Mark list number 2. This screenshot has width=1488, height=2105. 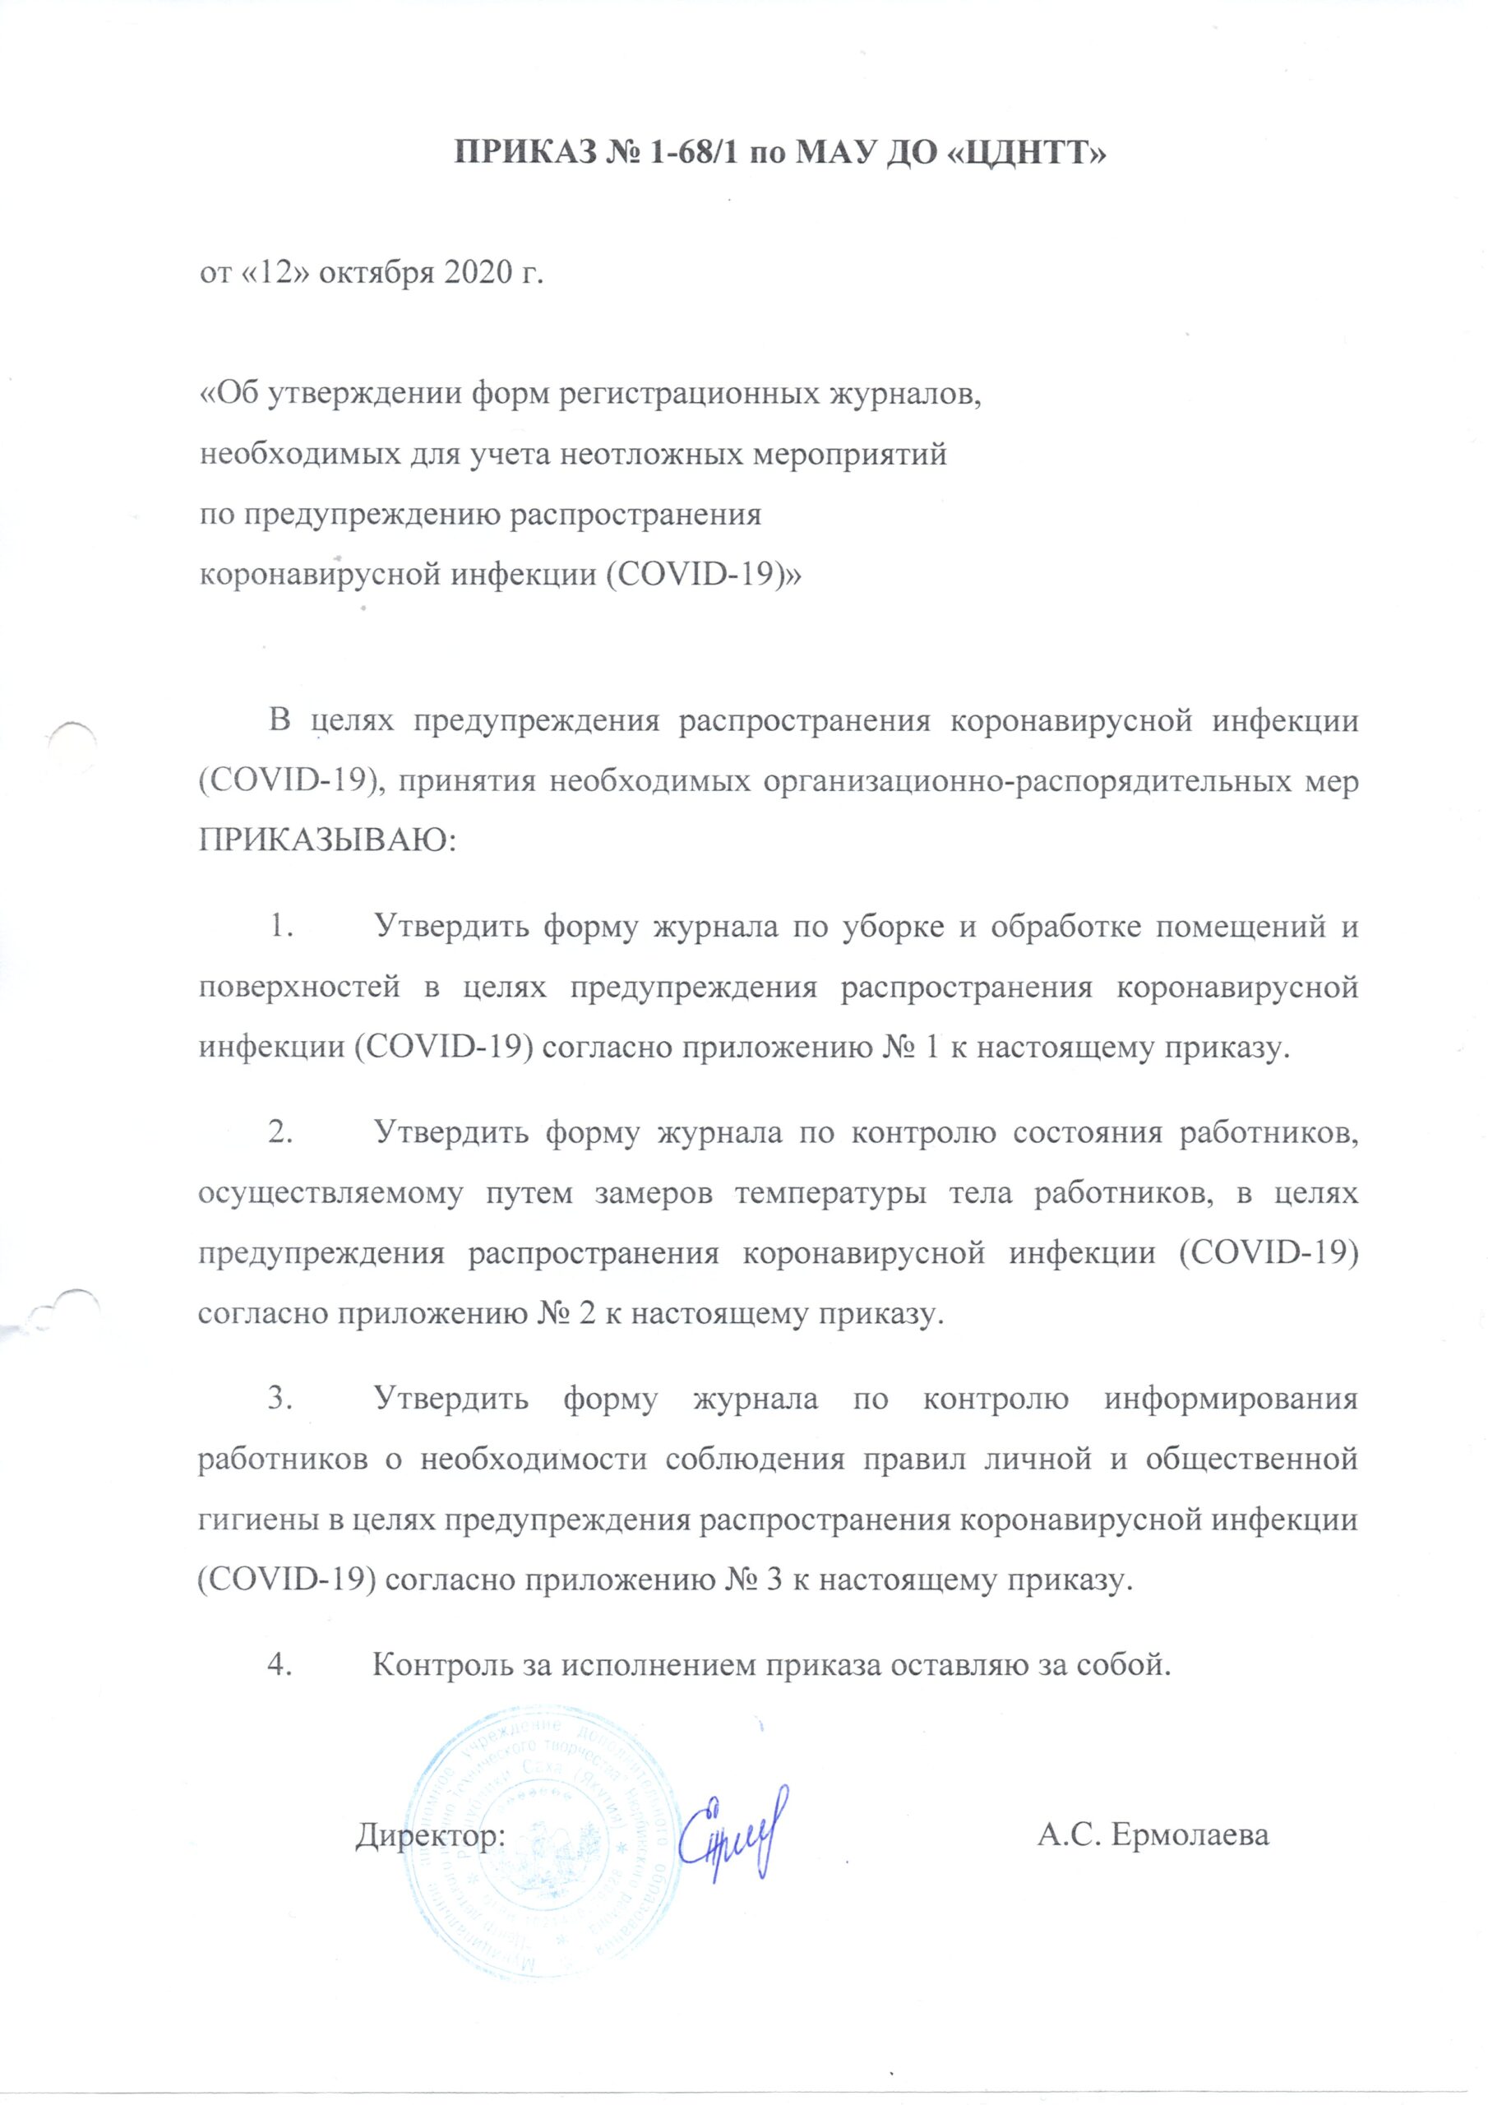(279, 1134)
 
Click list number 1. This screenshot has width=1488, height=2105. (279, 927)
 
